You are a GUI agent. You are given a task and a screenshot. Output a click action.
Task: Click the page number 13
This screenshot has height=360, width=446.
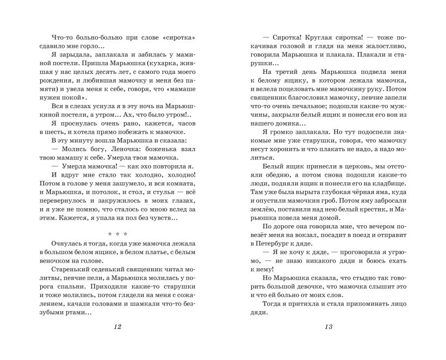tap(327, 326)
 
